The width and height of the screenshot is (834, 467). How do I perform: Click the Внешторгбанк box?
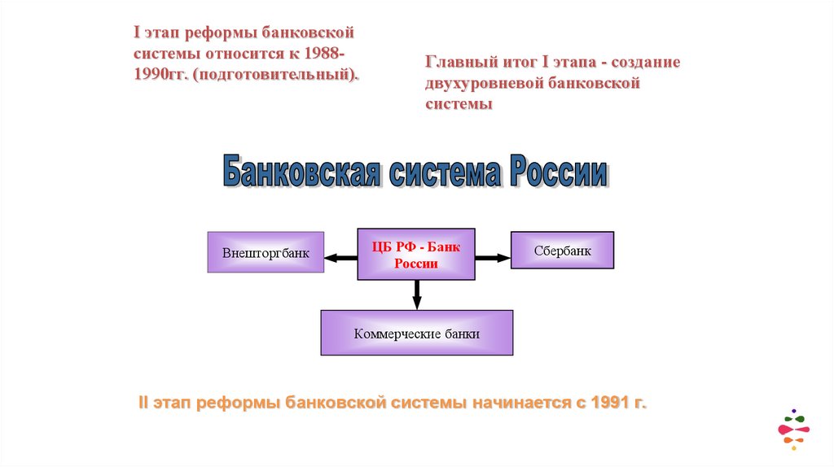(x=266, y=252)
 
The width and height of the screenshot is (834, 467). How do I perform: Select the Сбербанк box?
(x=562, y=251)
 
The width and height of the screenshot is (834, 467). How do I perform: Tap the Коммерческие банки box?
(x=416, y=333)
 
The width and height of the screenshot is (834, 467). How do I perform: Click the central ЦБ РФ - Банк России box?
(x=416, y=255)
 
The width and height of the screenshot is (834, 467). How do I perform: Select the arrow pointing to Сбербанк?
(x=493, y=258)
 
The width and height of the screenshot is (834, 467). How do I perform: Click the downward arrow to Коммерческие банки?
(x=416, y=295)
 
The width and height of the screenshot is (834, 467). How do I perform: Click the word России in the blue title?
(x=558, y=173)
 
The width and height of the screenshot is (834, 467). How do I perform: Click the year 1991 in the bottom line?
(x=609, y=403)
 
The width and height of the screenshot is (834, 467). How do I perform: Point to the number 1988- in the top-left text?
(x=325, y=54)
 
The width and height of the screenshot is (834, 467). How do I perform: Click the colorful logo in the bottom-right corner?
(x=792, y=428)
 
